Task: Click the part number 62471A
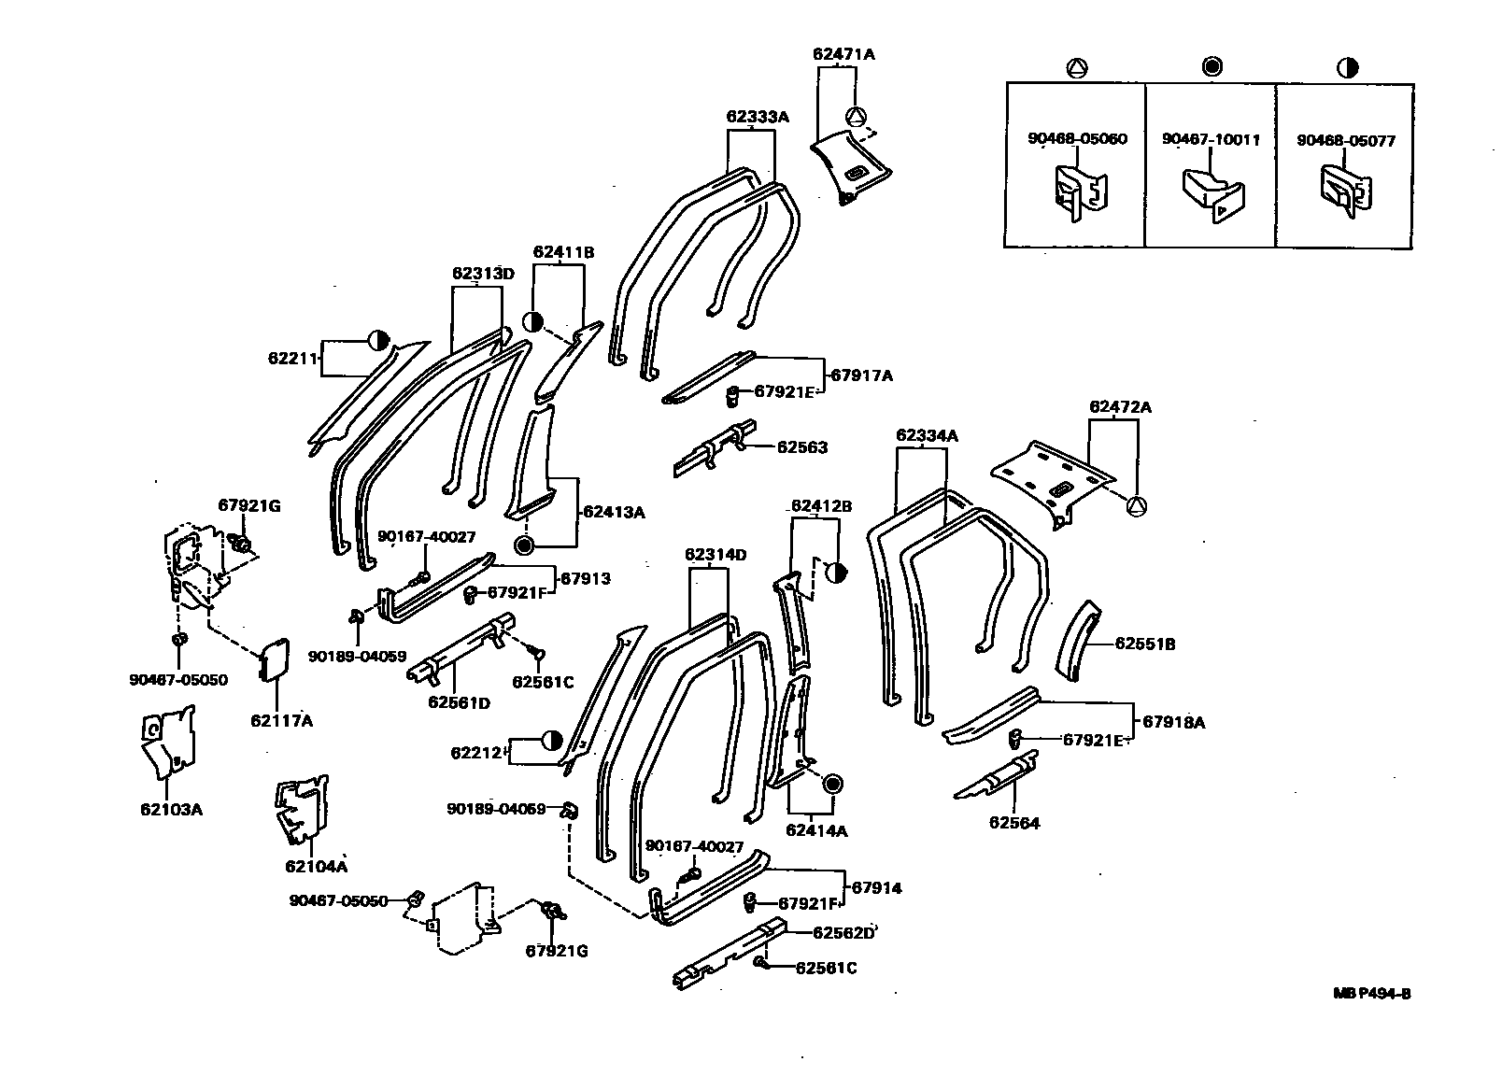(843, 54)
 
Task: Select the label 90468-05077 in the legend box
(1345, 141)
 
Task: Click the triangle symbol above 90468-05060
(1076, 67)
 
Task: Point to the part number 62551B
(1145, 644)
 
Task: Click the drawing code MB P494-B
(1371, 993)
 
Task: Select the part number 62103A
(171, 809)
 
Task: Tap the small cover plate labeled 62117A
(273, 661)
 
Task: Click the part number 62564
(1014, 823)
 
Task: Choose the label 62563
(802, 447)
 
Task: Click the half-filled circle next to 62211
(379, 340)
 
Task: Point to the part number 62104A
(316, 866)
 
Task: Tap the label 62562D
(843, 932)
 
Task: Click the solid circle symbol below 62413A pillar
(524, 545)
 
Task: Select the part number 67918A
(1174, 722)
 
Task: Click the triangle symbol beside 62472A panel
(1137, 506)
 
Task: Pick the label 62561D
(459, 701)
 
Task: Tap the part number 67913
(586, 578)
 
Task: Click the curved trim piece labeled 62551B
(1078, 644)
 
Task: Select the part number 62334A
(927, 435)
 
